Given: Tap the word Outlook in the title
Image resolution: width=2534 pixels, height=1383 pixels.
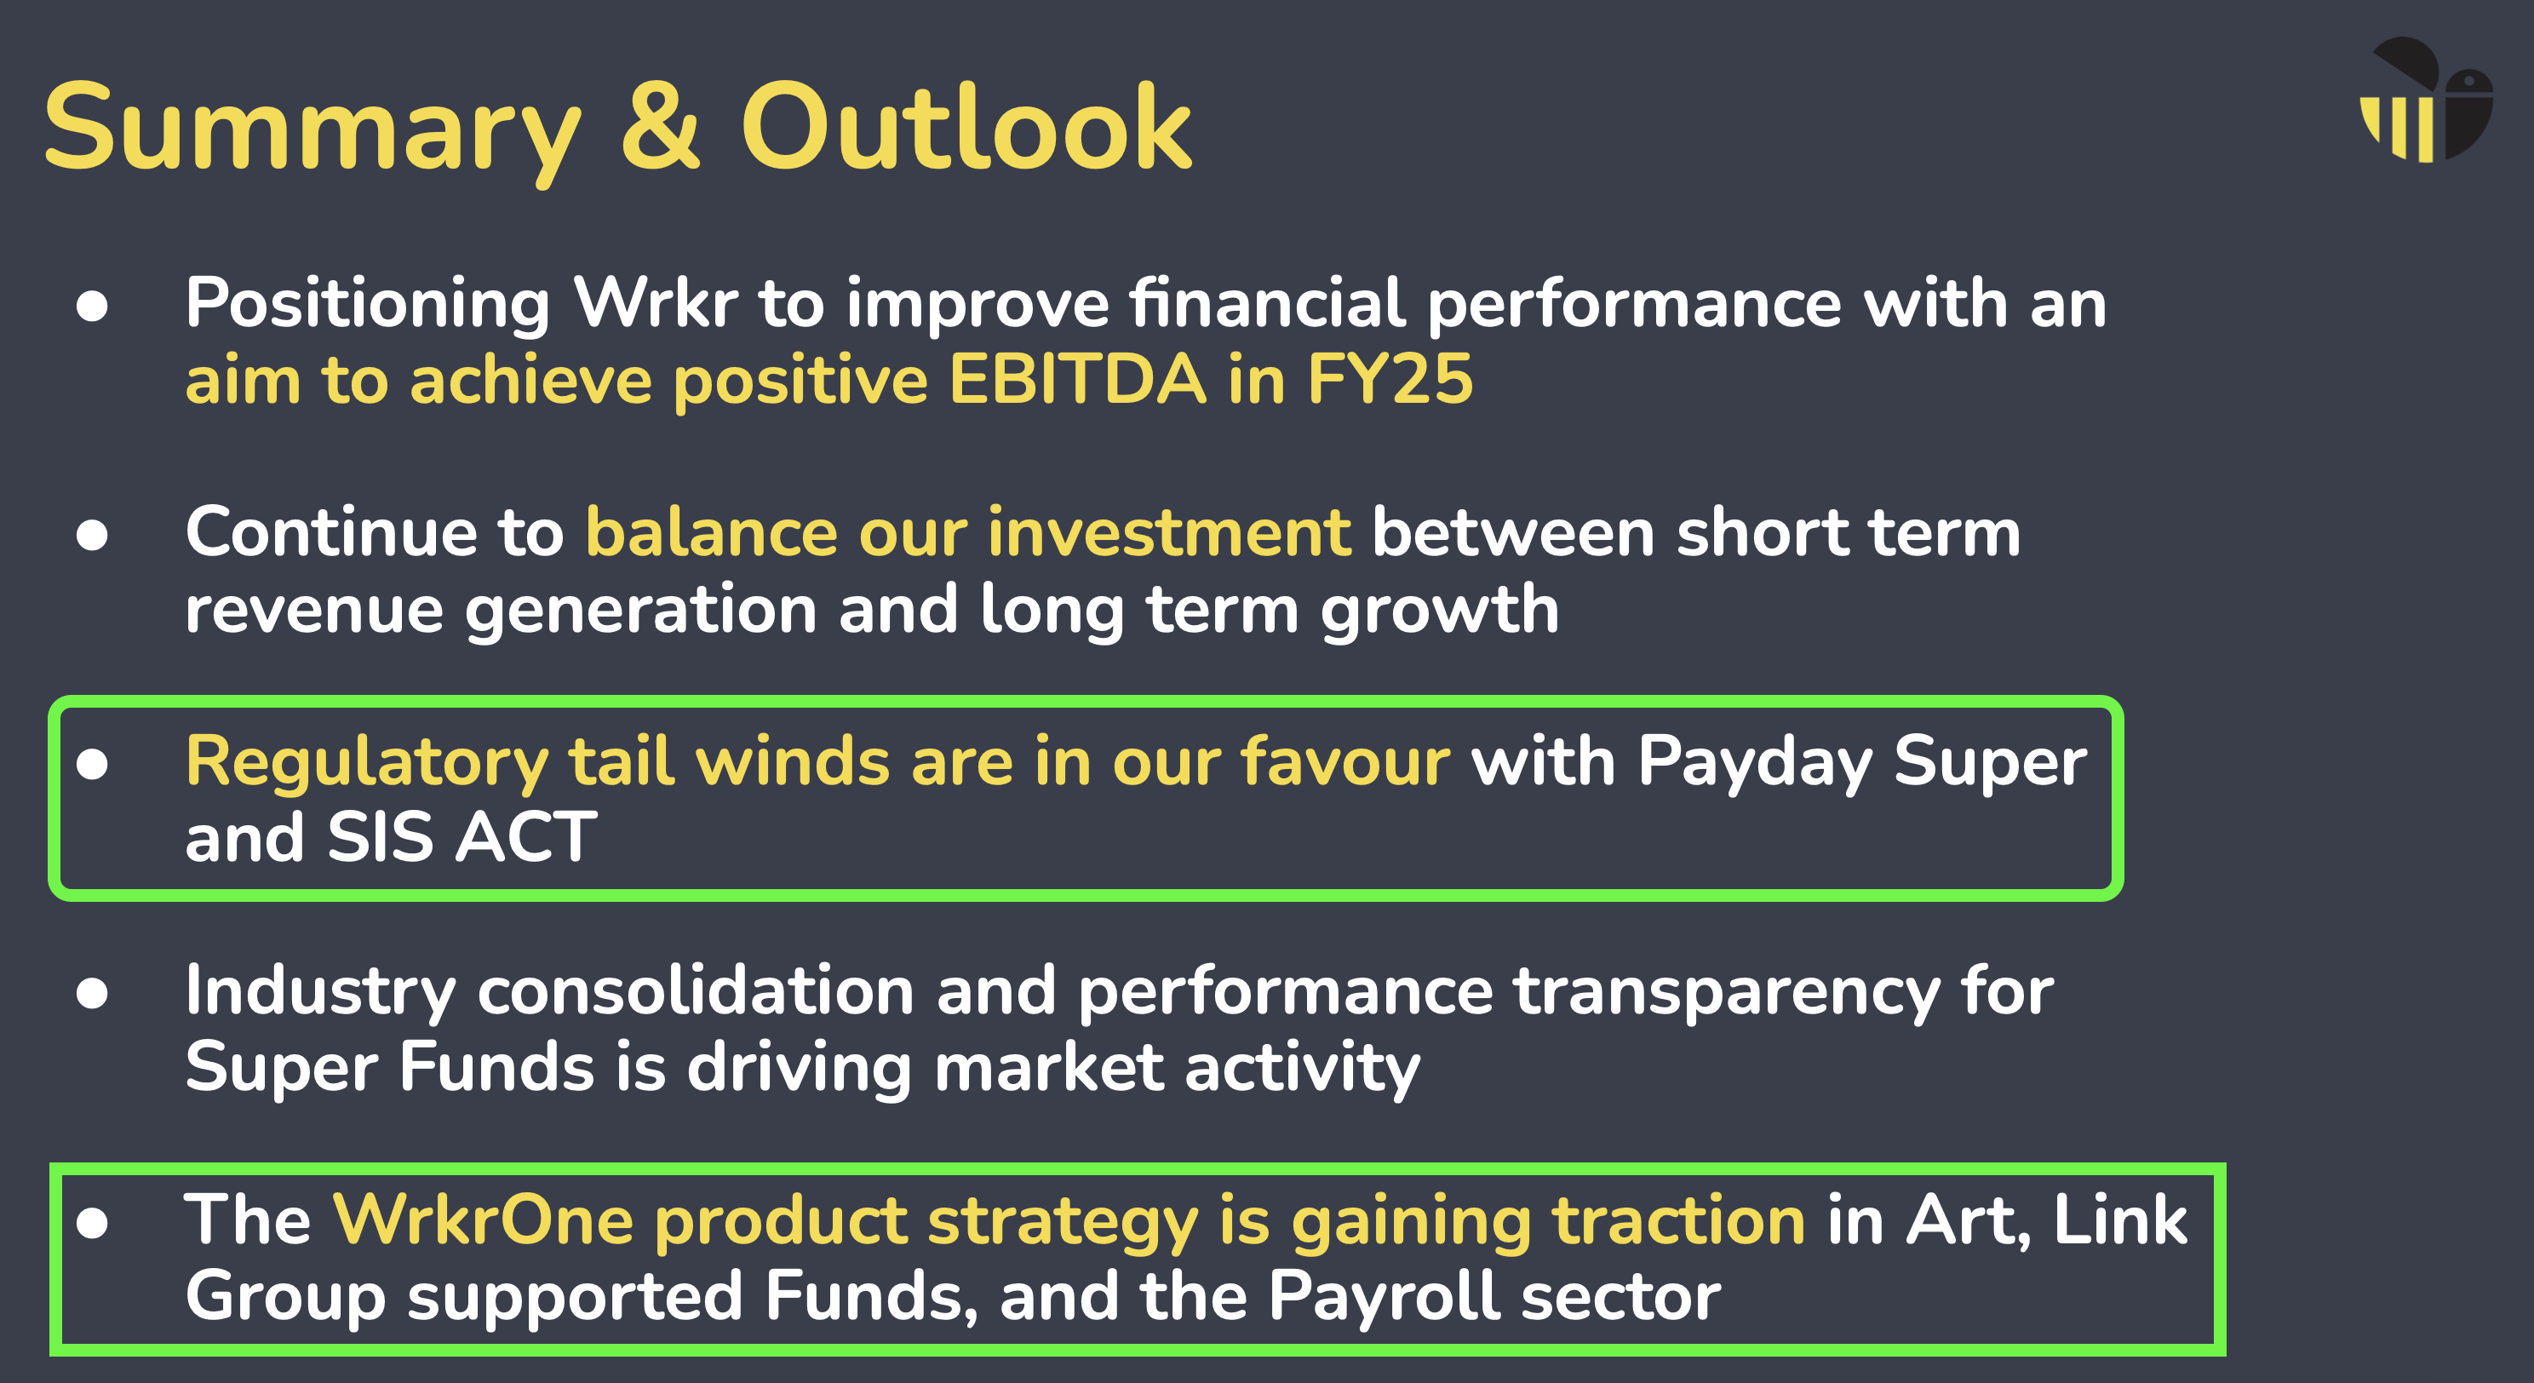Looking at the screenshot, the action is pos(966,127).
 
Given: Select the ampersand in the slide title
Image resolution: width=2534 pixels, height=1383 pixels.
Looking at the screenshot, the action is pos(661,127).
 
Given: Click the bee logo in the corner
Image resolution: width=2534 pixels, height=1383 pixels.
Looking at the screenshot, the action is pos(2426,100).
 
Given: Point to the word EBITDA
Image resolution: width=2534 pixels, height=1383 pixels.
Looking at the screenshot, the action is pos(1077,380).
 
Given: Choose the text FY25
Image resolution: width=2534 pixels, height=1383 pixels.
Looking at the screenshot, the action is pos(1390,380).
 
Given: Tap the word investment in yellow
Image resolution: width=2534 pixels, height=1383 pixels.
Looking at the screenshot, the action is pos(1170,532).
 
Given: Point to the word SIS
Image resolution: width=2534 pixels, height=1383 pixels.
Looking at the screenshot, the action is pos(380,837).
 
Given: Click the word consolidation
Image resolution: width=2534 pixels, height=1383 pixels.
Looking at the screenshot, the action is pos(697,990).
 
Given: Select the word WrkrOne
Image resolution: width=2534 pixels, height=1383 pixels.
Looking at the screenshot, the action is pos(483,1219).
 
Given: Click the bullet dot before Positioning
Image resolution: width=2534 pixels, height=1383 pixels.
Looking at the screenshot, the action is pos(93,306).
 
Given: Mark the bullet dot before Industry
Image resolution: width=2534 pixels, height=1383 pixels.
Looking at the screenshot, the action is pos(93,994).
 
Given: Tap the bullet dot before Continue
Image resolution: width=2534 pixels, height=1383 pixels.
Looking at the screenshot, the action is pos(93,535).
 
